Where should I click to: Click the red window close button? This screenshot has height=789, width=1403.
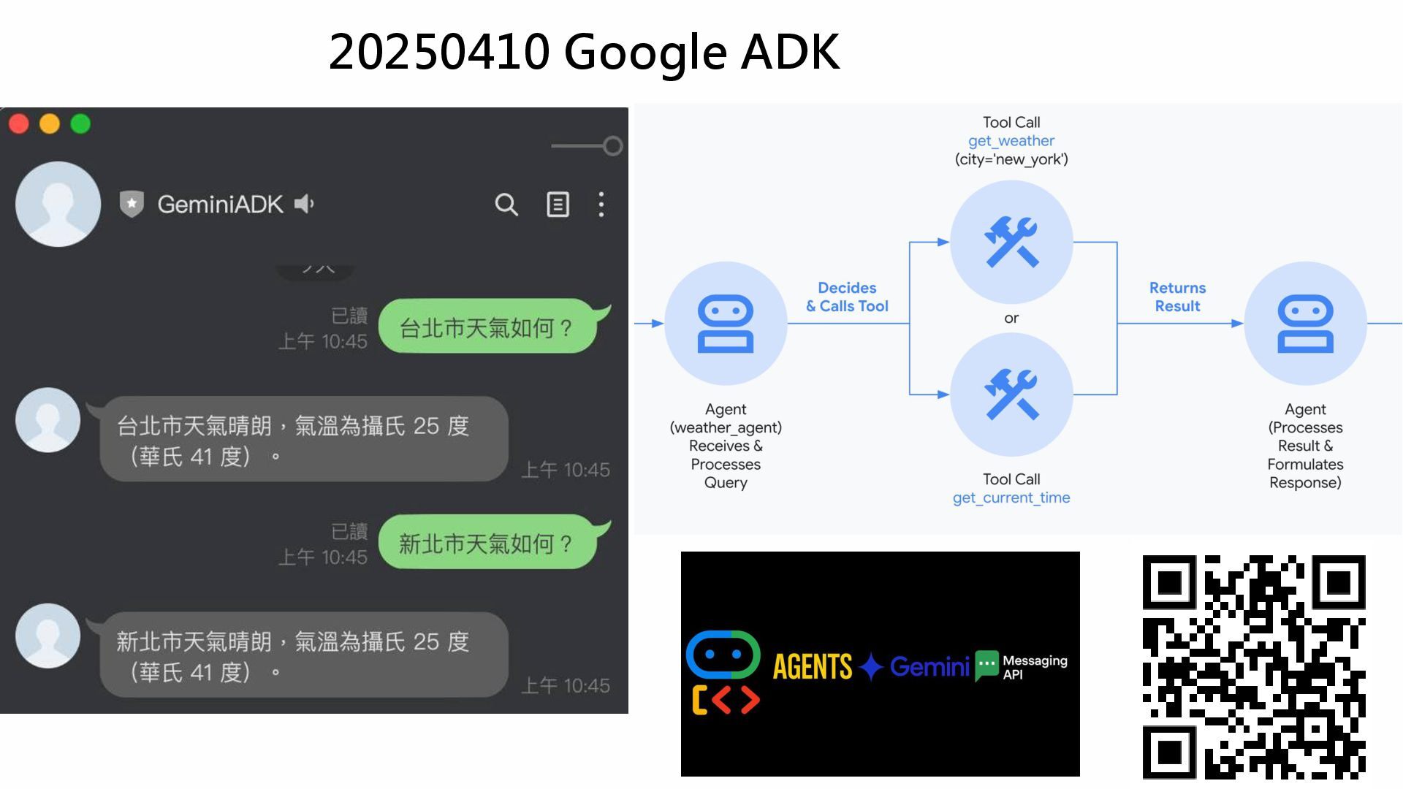(x=19, y=124)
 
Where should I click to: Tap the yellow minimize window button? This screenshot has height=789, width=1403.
(x=50, y=124)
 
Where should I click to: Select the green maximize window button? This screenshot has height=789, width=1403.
(x=80, y=124)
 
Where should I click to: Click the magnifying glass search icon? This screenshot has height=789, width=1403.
(x=506, y=205)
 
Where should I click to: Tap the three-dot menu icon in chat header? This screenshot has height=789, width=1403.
(x=601, y=205)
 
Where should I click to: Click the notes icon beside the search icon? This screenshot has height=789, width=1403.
(x=558, y=205)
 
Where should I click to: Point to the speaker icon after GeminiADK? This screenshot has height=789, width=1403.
(x=304, y=204)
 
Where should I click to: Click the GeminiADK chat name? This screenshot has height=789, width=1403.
(x=220, y=205)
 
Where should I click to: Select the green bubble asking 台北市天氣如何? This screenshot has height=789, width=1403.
(x=487, y=328)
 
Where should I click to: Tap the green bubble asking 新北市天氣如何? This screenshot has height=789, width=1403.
(x=487, y=544)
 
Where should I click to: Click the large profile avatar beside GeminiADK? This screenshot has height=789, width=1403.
(x=58, y=204)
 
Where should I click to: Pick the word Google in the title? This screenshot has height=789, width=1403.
(x=645, y=52)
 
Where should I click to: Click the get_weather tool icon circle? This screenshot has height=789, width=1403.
(x=1011, y=242)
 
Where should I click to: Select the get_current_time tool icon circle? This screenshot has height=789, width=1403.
(x=1011, y=394)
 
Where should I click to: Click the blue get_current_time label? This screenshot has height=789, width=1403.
(x=1011, y=498)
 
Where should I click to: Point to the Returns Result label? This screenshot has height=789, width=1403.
(x=1177, y=297)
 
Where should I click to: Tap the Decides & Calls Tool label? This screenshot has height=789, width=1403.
(x=847, y=297)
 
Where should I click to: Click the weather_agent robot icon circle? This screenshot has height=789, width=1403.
(x=726, y=323)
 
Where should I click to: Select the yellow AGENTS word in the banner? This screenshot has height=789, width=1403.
(x=813, y=666)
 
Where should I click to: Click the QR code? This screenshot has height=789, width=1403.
(x=1254, y=666)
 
